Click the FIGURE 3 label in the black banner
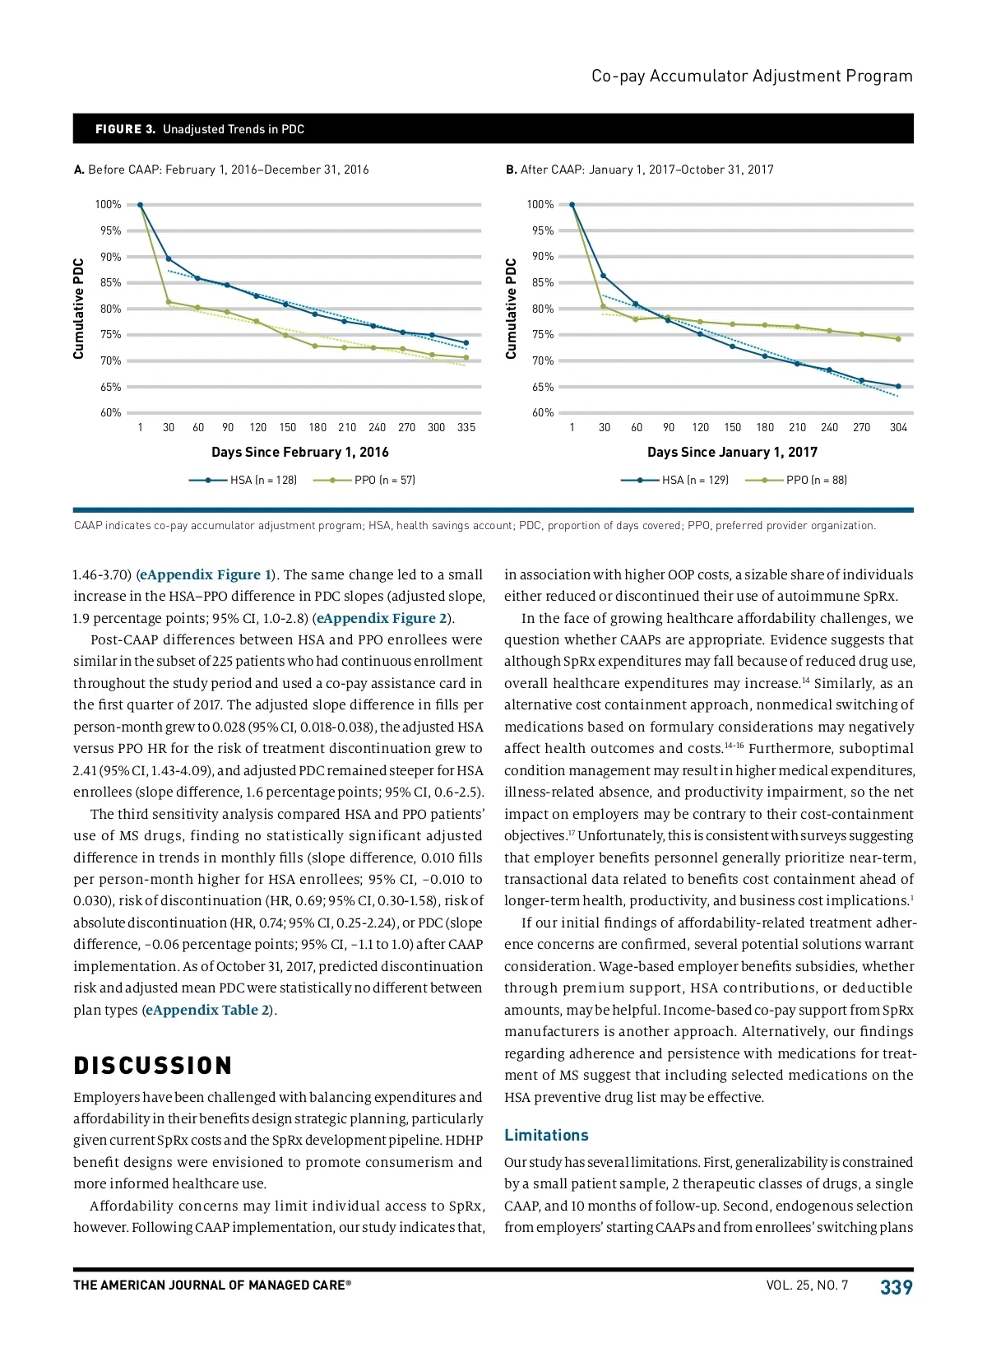125,129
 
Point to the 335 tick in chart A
466,427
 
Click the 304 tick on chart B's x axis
898,427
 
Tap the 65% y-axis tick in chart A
110,387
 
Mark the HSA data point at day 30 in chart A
169,258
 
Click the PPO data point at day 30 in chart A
169,302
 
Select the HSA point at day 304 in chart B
898,386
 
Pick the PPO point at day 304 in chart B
898,339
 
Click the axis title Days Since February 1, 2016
300,452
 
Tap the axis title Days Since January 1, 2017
732,452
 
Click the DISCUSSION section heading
153,1066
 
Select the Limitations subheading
546,1135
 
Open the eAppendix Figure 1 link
206,574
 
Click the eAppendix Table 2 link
207,1010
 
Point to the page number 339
896,1287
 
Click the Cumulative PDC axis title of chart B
511,309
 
